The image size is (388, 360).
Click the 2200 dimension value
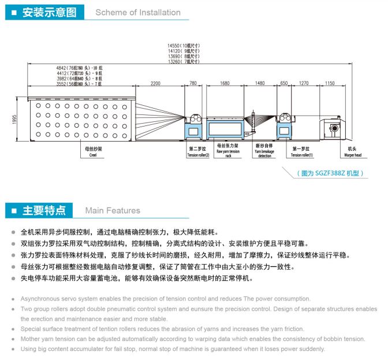pos(156,84)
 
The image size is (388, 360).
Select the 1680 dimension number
pos(225,84)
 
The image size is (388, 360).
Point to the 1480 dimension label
pos(260,84)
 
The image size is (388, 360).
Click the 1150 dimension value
pos(329,84)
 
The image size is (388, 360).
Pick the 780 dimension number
pos(193,84)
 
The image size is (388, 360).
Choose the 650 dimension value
pos(283,84)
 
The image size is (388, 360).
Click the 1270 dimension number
pos(304,84)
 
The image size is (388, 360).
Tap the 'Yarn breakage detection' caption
pos(264,153)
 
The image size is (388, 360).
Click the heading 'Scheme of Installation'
pos(138,12)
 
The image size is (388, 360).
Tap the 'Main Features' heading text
pos(113,210)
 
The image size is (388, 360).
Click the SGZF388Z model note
pos(330,172)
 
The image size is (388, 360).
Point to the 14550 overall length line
pos(183,45)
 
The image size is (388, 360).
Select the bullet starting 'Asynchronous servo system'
pos(165,299)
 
